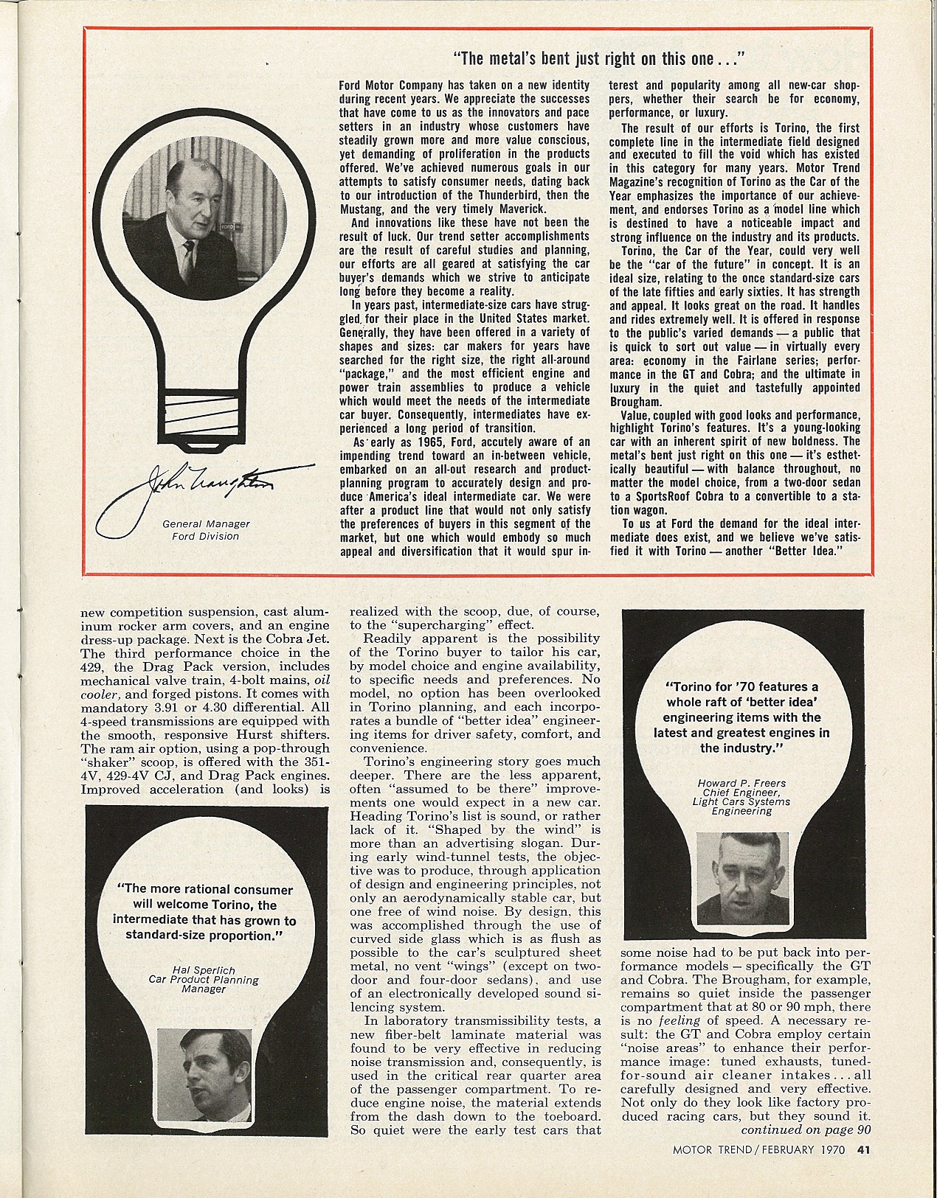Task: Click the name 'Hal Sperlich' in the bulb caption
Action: [204, 969]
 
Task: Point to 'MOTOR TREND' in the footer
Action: [711, 1149]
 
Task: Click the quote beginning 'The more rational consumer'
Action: [205, 913]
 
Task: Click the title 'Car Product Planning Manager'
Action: [204, 984]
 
